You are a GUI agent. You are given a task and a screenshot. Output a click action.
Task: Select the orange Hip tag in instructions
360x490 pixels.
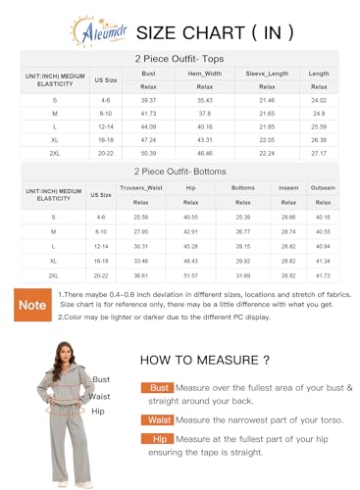(x=161, y=441)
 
